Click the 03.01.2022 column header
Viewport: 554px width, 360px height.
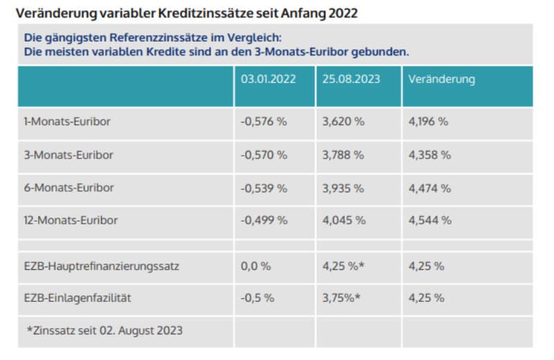pos(268,79)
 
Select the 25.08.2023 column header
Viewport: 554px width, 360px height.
pos(351,79)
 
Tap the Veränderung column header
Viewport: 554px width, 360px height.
pos(442,79)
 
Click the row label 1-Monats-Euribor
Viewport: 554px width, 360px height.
pos(67,121)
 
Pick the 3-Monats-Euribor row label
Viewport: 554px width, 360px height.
pos(68,154)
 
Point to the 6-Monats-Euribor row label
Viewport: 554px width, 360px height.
pos(68,188)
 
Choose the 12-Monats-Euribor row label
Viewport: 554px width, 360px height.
pos(71,221)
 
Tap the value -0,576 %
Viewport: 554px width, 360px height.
pos(264,121)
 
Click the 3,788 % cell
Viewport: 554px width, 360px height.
pos(343,154)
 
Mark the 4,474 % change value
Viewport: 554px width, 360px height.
pos(429,188)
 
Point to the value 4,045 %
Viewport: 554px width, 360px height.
pos(343,221)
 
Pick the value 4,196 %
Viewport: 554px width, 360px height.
pos(429,121)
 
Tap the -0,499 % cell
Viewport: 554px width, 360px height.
pos(264,221)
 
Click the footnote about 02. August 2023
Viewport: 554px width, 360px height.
pos(105,330)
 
